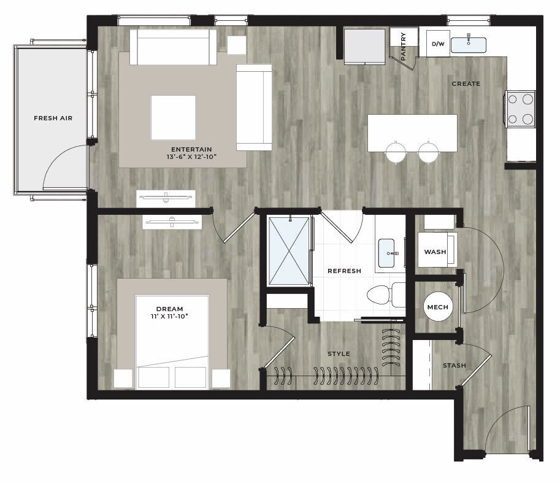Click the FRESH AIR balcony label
tap(53, 118)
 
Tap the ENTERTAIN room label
tap(191, 149)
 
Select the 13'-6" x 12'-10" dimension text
tap(191, 157)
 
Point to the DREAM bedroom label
tap(170, 309)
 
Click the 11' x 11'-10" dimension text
tap(169, 317)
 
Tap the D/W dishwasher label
tap(438, 44)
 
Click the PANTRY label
tap(403, 46)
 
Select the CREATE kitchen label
tap(466, 83)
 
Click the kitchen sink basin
tap(468, 45)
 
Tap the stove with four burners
tap(520, 109)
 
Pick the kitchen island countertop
tap(413, 133)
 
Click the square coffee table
tap(173, 118)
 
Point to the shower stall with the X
tap(289, 251)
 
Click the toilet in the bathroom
tap(386, 295)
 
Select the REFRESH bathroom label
tap(344, 271)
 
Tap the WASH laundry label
tap(435, 252)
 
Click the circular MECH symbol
tap(438, 307)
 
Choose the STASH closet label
tap(455, 365)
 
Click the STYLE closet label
tap(339, 354)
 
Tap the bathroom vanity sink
tap(386, 253)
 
